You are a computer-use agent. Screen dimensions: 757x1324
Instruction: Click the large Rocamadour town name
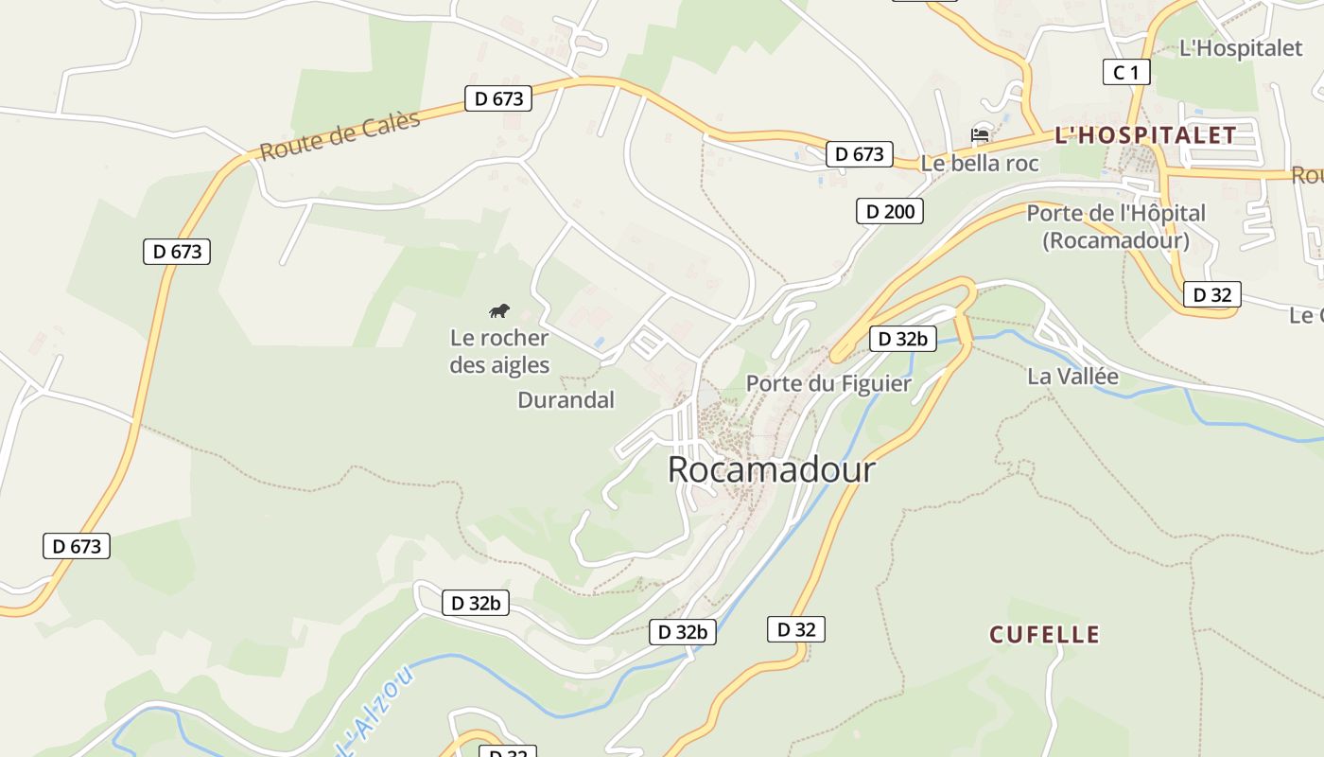(771, 469)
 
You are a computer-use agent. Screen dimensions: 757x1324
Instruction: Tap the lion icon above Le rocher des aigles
(499, 310)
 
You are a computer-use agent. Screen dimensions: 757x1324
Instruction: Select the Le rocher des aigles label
(499, 351)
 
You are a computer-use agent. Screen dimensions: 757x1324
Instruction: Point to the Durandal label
(566, 400)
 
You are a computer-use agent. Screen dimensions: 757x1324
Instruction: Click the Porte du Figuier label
(828, 383)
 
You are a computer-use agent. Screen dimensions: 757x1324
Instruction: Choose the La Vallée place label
(1072, 377)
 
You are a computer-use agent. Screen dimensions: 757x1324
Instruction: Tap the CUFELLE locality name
(1044, 634)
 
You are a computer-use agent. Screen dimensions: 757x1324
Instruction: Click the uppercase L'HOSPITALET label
(1145, 135)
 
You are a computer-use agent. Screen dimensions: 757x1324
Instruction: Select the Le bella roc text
(980, 164)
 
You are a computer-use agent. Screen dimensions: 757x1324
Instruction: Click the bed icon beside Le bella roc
(980, 135)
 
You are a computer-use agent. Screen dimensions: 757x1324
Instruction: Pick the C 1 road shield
(1126, 72)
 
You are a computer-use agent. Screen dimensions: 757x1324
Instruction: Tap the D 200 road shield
(889, 211)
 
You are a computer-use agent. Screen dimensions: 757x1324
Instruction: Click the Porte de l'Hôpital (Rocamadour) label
(1116, 227)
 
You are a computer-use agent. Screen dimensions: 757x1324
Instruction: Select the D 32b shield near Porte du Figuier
(902, 339)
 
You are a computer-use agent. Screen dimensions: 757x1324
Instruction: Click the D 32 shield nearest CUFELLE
(795, 629)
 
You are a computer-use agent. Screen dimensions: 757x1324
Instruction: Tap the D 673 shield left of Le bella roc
(860, 154)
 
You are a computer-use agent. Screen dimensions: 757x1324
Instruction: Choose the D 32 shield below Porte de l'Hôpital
(1211, 294)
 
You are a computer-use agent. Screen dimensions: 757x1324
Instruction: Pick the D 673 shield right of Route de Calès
(498, 97)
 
